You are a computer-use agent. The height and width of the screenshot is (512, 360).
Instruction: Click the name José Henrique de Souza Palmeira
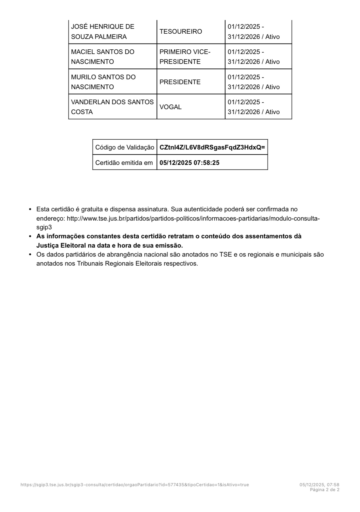pos(102,32)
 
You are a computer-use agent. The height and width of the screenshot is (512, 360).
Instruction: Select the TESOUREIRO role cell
pos(180,32)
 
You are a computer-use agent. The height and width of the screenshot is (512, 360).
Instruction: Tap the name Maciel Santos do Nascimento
pos(102,57)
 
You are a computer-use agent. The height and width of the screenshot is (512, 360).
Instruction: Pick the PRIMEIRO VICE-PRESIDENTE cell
pos(185,57)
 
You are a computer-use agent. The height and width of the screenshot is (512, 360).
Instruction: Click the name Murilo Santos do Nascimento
pos(103,82)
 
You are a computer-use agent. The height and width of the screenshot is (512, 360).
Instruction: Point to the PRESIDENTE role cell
pos(180,82)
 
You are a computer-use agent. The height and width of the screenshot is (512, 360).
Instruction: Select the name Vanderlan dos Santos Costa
pos(112,107)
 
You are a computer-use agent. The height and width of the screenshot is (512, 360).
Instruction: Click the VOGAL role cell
pos(171,107)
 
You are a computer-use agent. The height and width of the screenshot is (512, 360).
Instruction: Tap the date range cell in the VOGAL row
pos(254,107)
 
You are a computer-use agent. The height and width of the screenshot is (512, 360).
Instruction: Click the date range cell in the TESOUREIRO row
pos(254,32)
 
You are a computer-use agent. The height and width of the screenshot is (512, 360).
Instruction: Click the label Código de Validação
pos(124,147)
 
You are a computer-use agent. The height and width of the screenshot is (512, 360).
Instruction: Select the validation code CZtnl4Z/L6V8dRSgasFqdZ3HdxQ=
pos(212,147)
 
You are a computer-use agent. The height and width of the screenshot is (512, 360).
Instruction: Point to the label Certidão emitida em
pos(124,163)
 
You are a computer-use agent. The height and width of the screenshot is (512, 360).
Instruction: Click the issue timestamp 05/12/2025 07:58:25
pos(189,163)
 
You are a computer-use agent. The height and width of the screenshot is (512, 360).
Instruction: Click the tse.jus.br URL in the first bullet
pos(193,218)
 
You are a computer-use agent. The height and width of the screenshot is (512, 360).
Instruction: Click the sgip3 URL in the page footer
pos(135,485)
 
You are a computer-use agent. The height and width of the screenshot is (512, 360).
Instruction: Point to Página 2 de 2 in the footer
pos(325,490)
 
